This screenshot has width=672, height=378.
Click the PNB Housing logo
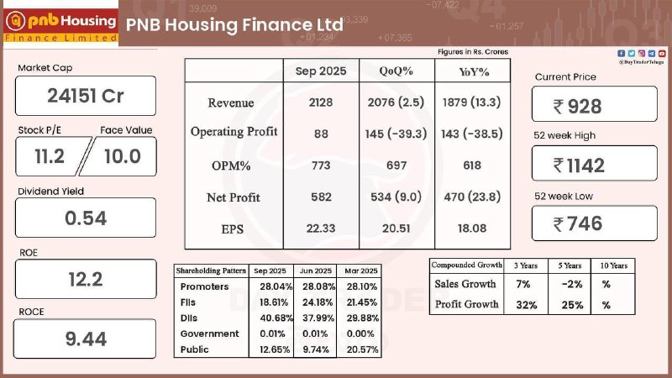(x=60, y=24)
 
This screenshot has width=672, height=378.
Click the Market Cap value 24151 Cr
(x=85, y=96)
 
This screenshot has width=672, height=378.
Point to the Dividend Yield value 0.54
(x=85, y=218)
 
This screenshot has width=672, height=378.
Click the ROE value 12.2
(x=85, y=279)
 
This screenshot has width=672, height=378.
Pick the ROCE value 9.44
(x=85, y=339)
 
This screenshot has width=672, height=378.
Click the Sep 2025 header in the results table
(x=319, y=71)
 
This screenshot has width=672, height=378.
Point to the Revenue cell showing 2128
(x=319, y=102)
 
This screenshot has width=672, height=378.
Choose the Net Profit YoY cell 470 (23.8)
(x=472, y=197)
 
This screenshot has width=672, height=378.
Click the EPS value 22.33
(x=319, y=228)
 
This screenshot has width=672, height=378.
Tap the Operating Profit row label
(x=234, y=132)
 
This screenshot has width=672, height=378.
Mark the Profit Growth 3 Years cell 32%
(x=527, y=304)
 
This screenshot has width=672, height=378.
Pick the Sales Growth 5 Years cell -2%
(x=573, y=284)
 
